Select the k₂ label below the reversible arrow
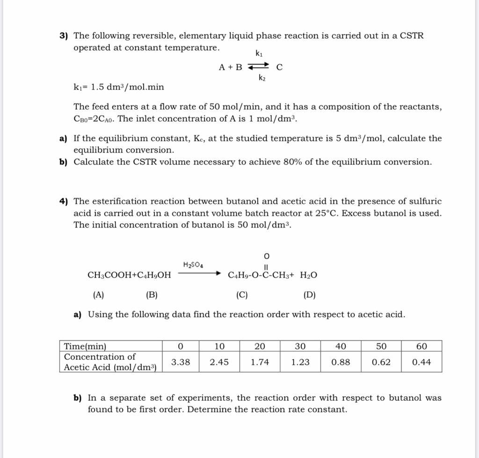[x=262, y=78]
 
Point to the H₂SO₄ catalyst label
[x=193, y=265]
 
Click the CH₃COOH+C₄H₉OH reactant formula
[x=130, y=275]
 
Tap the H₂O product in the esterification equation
[x=308, y=275]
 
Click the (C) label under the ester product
[x=242, y=295]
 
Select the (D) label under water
[x=309, y=295]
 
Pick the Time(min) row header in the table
[x=85, y=347]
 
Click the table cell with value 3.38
[x=181, y=362]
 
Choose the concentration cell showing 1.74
[x=260, y=362]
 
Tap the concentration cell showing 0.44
[x=421, y=362]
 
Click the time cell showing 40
[x=341, y=347]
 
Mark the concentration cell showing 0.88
[x=341, y=362]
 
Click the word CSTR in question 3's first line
[x=412, y=36]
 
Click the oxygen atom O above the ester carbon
[x=266, y=256]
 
